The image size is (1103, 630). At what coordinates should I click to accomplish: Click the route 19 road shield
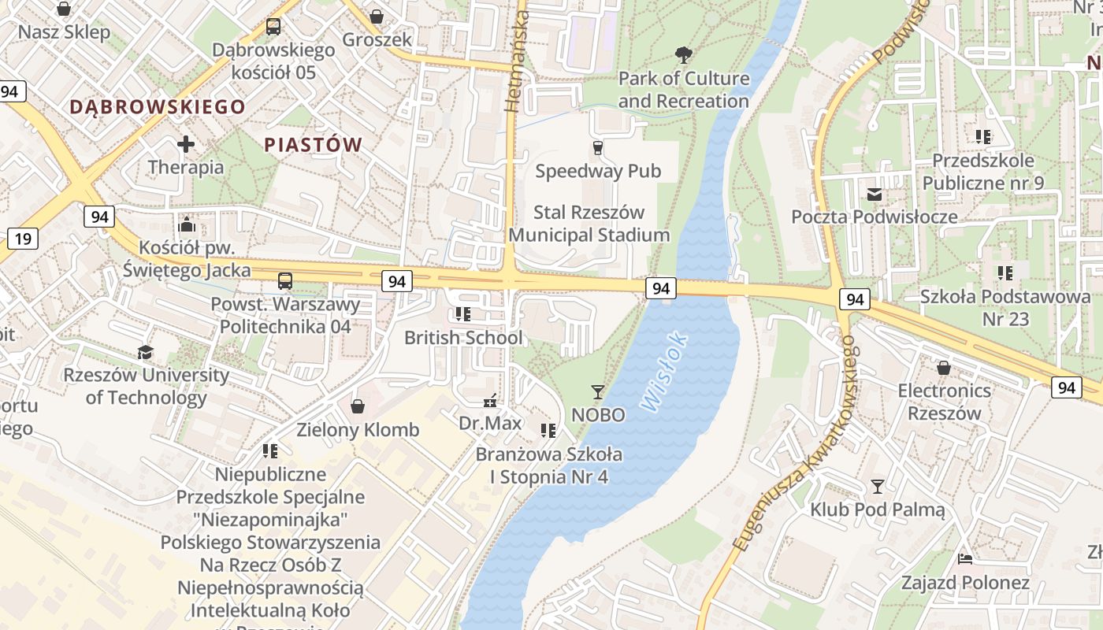(x=23, y=239)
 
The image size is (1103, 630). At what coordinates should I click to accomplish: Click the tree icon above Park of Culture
(x=684, y=55)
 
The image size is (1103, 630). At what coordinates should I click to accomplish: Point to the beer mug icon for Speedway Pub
(x=598, y=148)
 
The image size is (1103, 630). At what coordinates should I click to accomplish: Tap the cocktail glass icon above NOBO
(x=598, y=391)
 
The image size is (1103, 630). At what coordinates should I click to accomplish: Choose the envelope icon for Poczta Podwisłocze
(x=875, y=194)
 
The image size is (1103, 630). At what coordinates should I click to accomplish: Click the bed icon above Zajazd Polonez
(x=965, y=559)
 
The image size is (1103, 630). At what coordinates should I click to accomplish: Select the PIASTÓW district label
(x=313, y=145)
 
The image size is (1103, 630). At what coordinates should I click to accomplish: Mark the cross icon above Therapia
(x=186, y=144)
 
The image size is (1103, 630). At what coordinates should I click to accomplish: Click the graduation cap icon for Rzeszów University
(x=146, y=352)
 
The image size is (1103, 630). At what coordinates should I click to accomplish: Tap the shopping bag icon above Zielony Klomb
(x=358, y=406)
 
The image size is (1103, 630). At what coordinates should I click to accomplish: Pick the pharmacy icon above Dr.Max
(x=491, y=401)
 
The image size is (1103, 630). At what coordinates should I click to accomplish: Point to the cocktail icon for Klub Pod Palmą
(x=877, y=486)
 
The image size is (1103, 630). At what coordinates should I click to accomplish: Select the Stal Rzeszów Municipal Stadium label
(x=589, y=224)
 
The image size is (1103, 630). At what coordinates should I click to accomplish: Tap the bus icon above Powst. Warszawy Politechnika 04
(x=285, y=280)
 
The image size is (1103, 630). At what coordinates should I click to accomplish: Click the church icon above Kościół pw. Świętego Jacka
(x=187, y=224)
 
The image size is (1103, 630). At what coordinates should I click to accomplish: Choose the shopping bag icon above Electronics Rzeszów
(x=943, y=368)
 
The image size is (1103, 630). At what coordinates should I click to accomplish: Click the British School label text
(x=463, y=338)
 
